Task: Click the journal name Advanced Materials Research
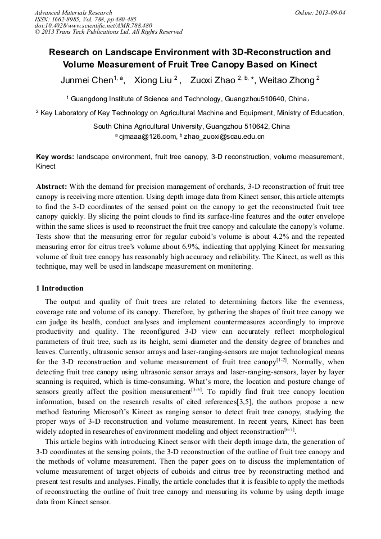(73, 12)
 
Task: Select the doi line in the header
(93, 25)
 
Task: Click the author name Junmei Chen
(87, 80)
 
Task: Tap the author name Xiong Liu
(153, 80)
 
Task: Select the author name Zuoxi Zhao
(213, 80)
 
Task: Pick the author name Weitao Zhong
(287, 80)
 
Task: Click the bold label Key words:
(55, 157)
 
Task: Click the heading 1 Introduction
(60, 288)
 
